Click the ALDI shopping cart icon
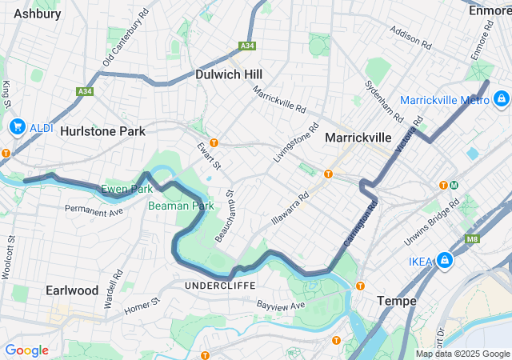tap(18, 127)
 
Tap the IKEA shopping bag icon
tap(445, 261)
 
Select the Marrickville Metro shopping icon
tap(500, 99)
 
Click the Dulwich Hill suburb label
tap(229, 74)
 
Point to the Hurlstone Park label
tap(103, 130)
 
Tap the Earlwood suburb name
tap(72, 290)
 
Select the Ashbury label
tap(37, 14)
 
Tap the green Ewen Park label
tap(126, 190)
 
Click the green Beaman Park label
tap(181, 206)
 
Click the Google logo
tap(26, 350)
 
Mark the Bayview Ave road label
tap(281, 306)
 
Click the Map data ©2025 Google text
tap(462, 354)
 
